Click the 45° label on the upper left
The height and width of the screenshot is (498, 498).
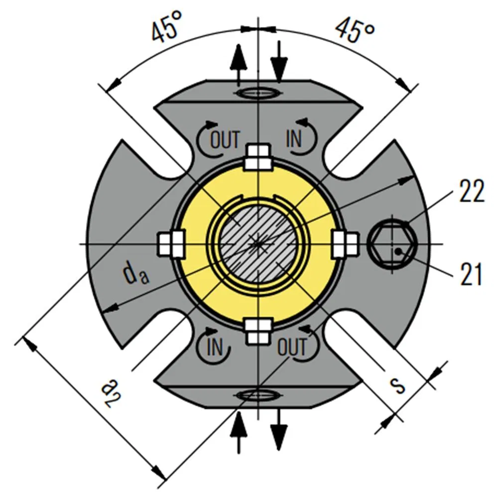tap(165, 30)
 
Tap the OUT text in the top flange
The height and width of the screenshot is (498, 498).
tap(225, 139)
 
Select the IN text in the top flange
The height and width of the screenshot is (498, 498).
tap(294, 139)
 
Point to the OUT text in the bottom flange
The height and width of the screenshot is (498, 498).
tap(291, 347)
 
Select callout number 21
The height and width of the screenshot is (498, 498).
tap(471, 274)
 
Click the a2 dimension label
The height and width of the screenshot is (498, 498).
tap(111, 393)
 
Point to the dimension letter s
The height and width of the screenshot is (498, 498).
tap(397, 384)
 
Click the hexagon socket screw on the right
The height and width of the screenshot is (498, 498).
tap(391, 244)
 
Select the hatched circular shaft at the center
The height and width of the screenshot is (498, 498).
tap(257, 244)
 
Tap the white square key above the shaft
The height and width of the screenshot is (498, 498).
tap(258, 157)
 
